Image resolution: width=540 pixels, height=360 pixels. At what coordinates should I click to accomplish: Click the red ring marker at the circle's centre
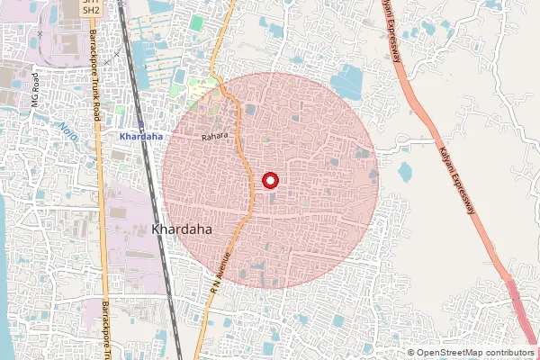pyautogui.click(x=270, y=180)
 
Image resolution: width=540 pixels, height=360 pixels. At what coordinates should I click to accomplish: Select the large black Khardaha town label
pyautogui.click(x=182, y=230)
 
